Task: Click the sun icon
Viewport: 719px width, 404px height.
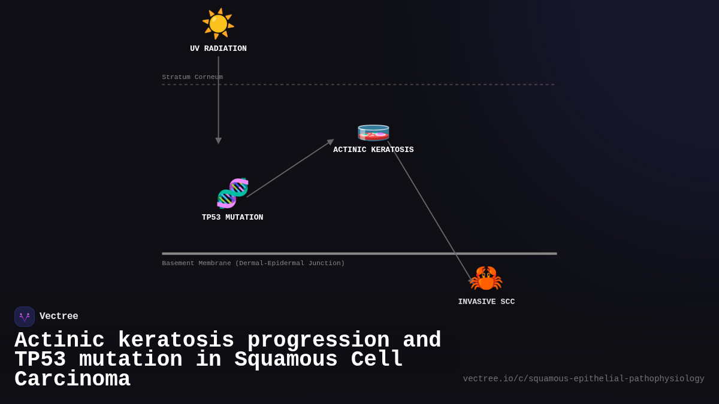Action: (218, 23)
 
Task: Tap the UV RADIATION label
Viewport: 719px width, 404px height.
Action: (218, 48)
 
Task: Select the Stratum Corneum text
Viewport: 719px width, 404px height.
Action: (192, 77)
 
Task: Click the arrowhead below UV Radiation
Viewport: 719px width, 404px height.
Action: (218, 141)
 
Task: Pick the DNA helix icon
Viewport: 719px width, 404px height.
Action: (232, 193)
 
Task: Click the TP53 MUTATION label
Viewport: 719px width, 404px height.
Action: (232, 217)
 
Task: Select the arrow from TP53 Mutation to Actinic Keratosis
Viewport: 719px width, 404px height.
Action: (289, 169)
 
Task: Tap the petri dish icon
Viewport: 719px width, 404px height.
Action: (373, 132)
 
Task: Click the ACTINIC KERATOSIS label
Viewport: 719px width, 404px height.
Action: (373, 150)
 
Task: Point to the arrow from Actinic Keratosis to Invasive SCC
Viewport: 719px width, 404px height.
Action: (430, 210)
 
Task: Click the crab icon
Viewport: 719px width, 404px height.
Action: (486, 278)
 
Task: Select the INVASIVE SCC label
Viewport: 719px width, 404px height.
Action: (486, 302)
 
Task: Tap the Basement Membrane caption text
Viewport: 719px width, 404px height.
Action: (253, 263)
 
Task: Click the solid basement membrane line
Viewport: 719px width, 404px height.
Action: (359, 254)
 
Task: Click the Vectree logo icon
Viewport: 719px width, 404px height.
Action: (25, 317)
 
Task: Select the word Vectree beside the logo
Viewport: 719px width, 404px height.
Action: (59, 317)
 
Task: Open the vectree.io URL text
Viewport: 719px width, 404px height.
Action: (584, 379)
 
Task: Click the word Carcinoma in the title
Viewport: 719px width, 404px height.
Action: (72, 379)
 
